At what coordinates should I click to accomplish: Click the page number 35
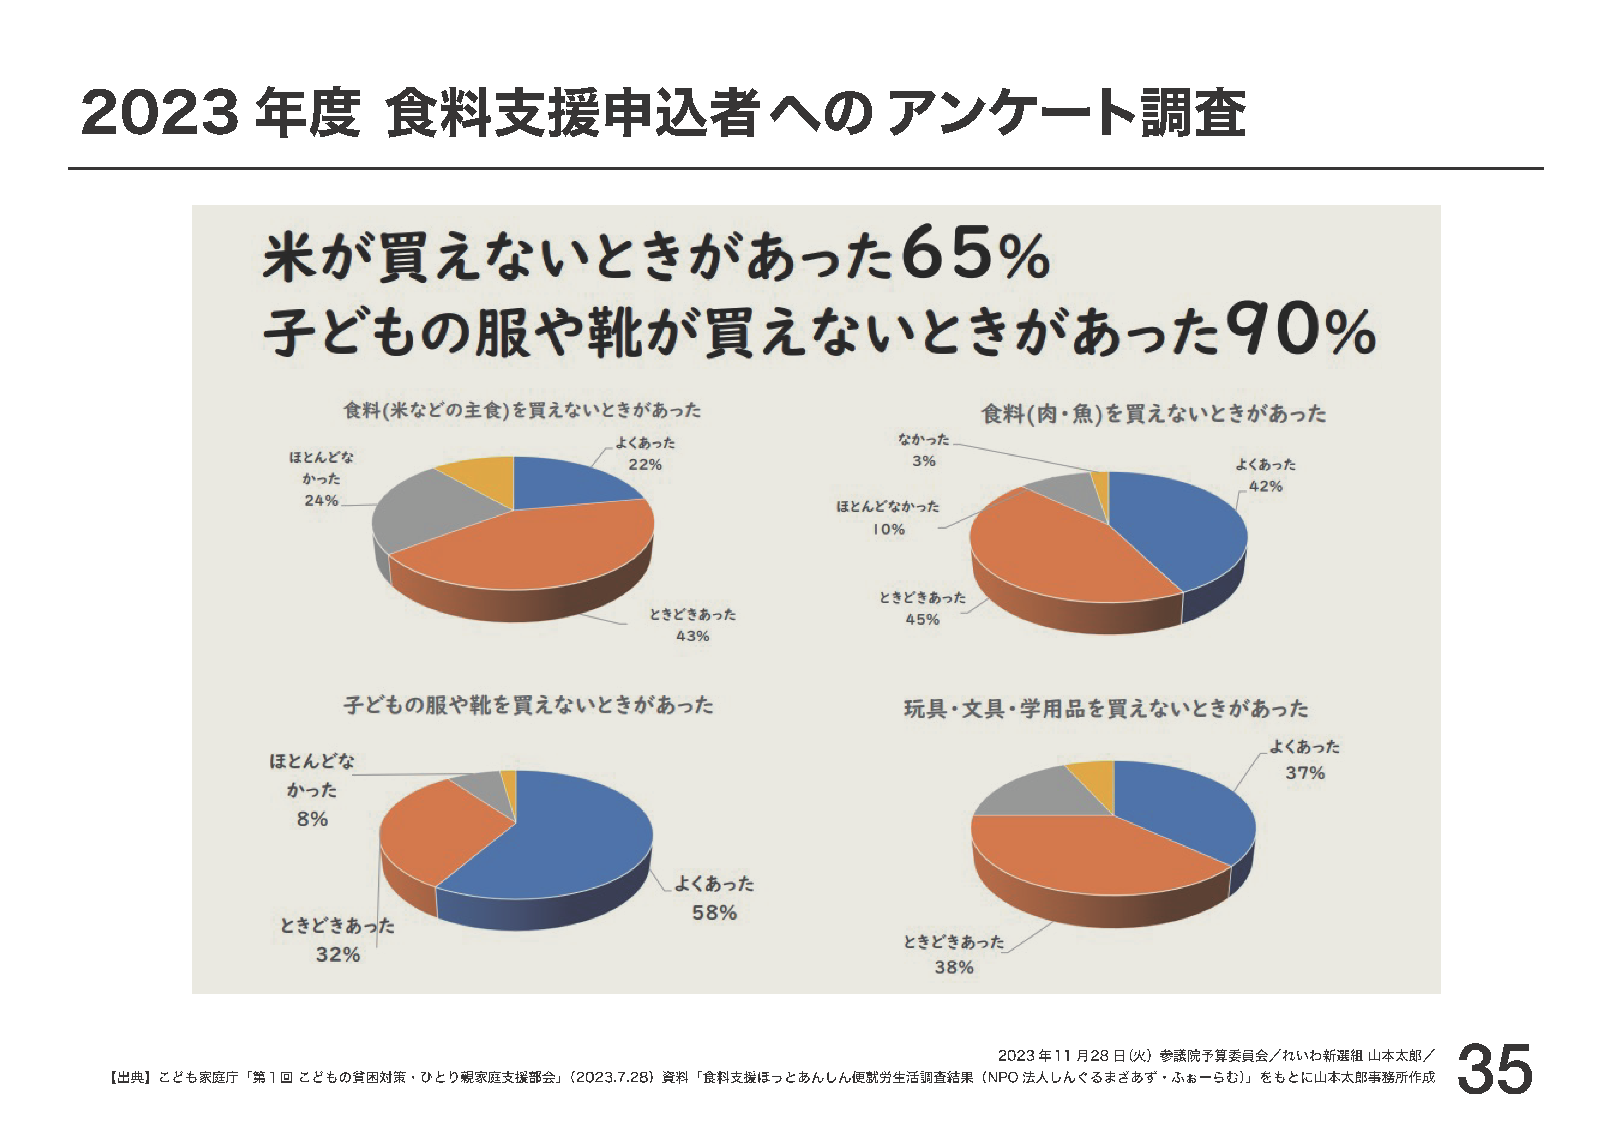[x=1495, y=1069]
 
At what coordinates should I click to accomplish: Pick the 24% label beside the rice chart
[x=321, y=500]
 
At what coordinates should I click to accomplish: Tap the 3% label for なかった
[x=923, y=461]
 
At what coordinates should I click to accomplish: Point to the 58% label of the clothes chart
[x=714, y=913]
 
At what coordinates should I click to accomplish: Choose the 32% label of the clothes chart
[x=338, y=955]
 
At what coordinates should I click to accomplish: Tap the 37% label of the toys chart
[x=1305, y=773]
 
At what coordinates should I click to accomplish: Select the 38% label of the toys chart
[x=954, y=968]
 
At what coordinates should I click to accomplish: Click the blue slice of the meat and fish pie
[x=1179, y=533]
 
